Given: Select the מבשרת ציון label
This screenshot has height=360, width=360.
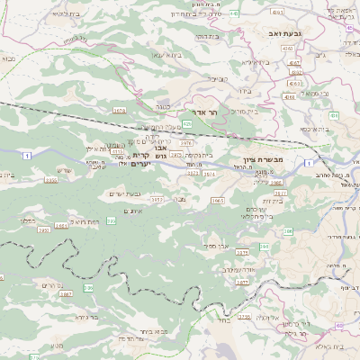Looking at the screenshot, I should pos(262,158).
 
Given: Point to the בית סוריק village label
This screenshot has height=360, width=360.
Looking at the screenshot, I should pos(242,112).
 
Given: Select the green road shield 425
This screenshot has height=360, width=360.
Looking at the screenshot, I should pos(187,123).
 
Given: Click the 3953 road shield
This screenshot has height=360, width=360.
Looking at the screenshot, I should pos(156,199).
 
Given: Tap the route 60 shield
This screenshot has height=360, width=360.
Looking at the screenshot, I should pos(338,326).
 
